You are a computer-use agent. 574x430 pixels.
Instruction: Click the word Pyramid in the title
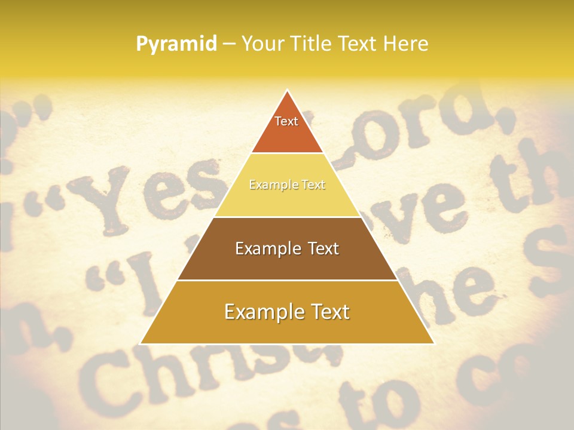click(176, 44)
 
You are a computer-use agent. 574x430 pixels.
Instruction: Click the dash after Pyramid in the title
click(228, 44)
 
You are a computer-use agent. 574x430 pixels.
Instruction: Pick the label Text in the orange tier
click(286, 121)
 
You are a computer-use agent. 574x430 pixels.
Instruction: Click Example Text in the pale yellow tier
click(287, 185)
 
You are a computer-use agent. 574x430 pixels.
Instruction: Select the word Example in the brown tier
click(265, 248)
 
